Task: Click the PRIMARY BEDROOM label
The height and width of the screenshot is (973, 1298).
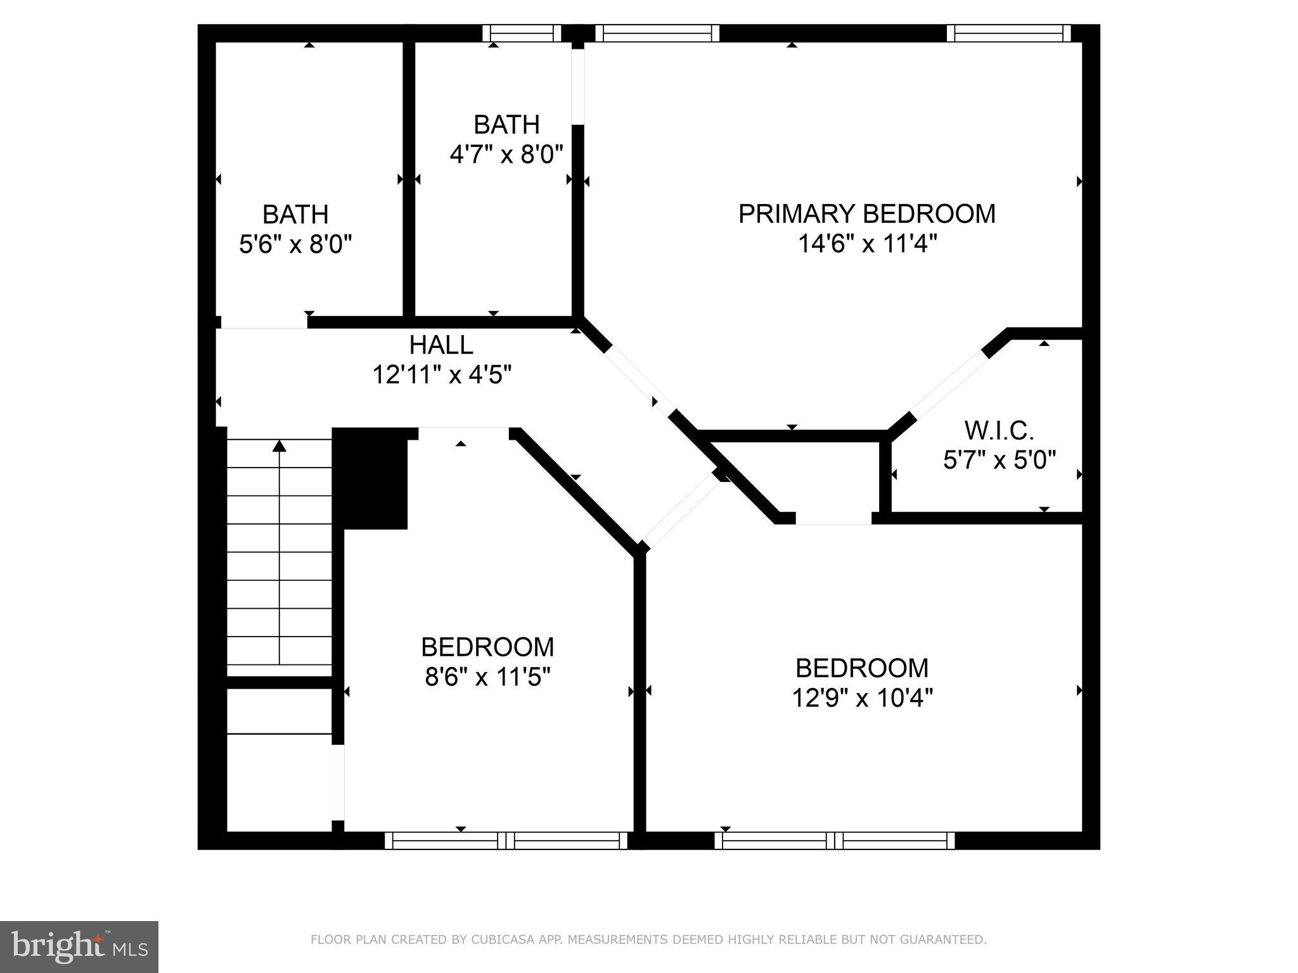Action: [866, 214]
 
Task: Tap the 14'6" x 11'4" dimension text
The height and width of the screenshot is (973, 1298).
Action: [866, 243]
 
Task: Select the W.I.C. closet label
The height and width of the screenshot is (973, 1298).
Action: [999, 431]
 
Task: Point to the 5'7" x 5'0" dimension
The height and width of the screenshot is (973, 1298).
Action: [999, 460]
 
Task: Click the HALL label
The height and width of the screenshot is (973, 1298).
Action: [441, 345]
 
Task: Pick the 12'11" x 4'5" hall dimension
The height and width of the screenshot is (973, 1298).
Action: [441, 375]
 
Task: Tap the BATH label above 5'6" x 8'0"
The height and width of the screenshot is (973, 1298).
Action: [295, 215]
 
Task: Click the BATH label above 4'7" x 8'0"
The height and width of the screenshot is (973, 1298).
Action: [506, 125]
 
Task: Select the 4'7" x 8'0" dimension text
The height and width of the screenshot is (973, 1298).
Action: [506, 154]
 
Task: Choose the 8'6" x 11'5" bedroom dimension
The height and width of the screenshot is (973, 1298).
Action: [487, 677]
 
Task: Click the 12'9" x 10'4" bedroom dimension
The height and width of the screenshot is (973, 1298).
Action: [862, 698]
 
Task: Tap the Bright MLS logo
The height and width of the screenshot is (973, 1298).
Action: [79, 947]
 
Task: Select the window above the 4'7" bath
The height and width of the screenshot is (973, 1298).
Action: [522, 33]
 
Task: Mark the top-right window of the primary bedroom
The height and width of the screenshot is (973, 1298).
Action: [1008, 33]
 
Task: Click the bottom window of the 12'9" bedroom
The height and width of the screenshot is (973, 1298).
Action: [835, 841]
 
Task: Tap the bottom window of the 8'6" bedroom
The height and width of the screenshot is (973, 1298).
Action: [506, 841]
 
